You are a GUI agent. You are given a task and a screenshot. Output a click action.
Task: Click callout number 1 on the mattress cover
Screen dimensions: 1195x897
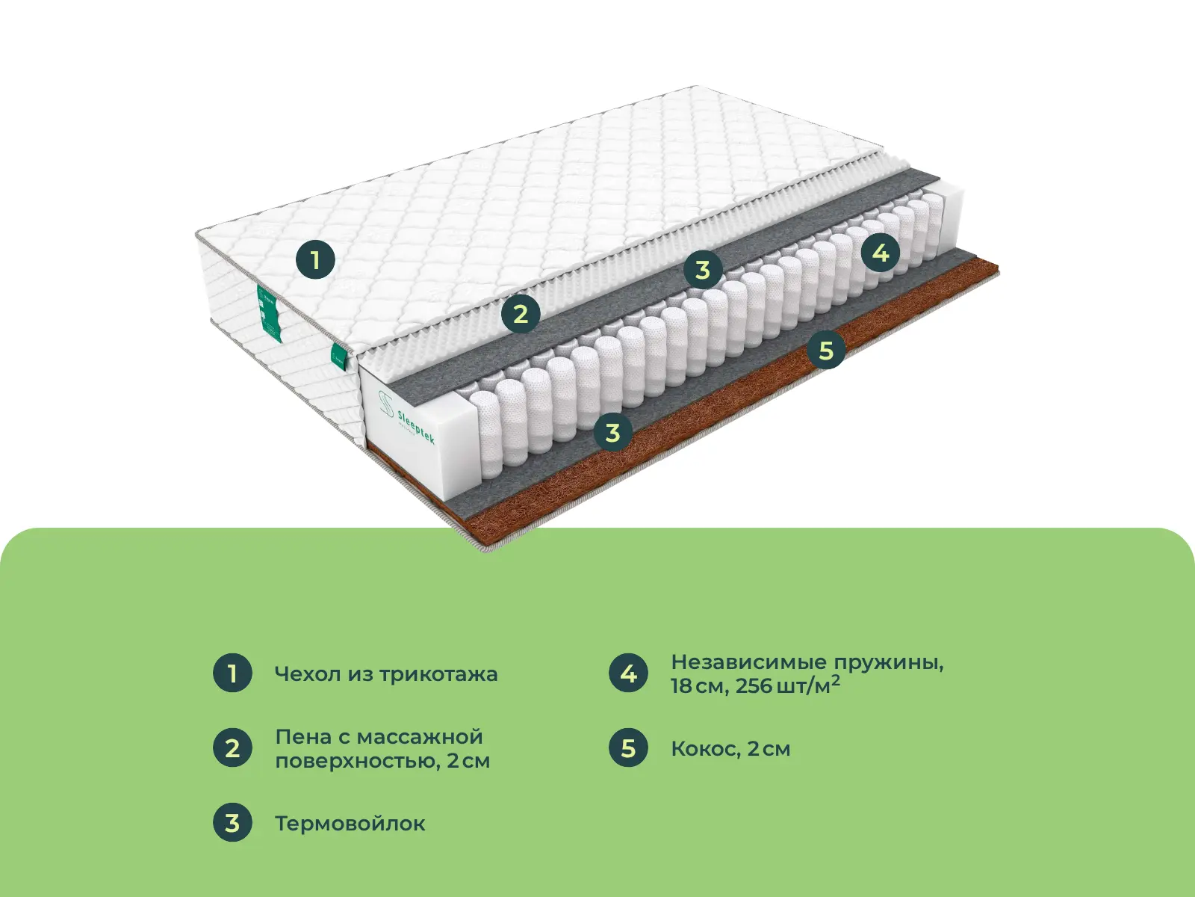[315, 260]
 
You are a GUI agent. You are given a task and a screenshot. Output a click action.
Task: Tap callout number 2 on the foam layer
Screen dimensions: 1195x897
[521, 314]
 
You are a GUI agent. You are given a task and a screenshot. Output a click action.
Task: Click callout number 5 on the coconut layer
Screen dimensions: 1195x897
[827, 350]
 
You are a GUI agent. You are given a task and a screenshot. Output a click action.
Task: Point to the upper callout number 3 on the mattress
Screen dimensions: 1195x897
[703, 270]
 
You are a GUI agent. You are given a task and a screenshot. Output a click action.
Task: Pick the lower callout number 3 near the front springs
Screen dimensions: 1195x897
[613, 433]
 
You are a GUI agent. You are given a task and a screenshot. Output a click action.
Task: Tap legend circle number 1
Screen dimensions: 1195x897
[232, 673]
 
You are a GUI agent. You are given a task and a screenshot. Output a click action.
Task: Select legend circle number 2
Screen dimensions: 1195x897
[232, 747]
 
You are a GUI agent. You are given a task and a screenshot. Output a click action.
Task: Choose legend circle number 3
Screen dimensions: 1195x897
[232, 822]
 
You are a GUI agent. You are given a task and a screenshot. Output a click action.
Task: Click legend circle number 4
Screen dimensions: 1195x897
[628, 673]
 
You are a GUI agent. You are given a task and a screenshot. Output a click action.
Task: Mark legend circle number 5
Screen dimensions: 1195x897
[628, 747]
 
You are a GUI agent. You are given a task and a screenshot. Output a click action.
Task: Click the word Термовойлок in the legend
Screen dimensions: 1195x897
[350, 823]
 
